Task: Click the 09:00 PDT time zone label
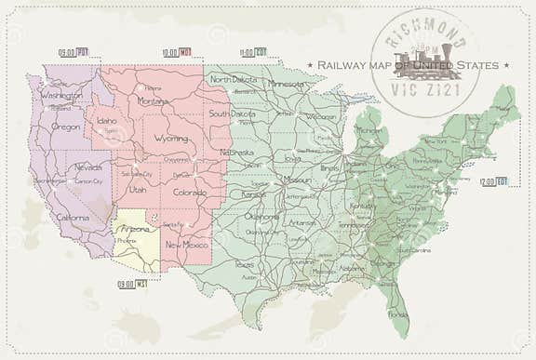pyautogui.click(x=73, y=52)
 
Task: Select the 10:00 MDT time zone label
pyautogui.click(x=176, y=52)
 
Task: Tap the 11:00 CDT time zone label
pyautogui.click(x=253, y=52)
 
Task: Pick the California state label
pyautogui.click(x=72, y=218)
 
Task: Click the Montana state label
pyautogui.click(x=153, y=100)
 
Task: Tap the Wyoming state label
pyautogui.click(x=170, y=139)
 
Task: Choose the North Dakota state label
pyautogui.click(x=233, y=80)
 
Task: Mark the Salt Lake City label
pyautogui.click(x=136, y=174)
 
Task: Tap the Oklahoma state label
pyautogui.click(x=261, y=216)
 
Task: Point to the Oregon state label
pyautogui.click(x=66, y=127)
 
